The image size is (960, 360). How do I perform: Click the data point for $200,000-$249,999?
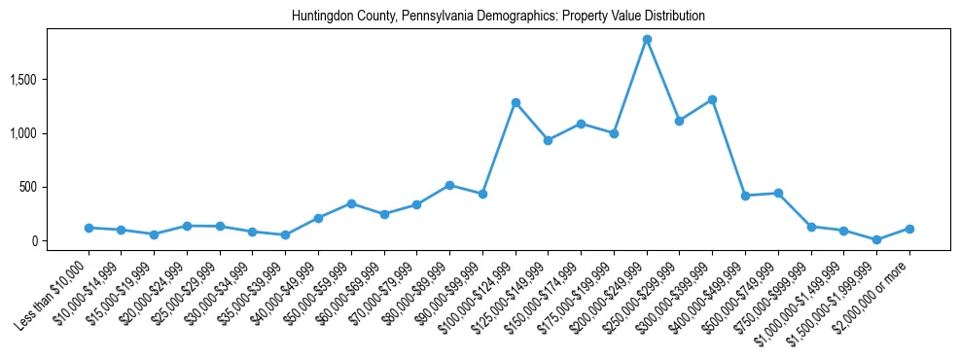click(x=647, y=40)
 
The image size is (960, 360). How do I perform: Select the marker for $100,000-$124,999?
click(x=516, y=102)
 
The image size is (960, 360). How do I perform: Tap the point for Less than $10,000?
click(x=89, y=228)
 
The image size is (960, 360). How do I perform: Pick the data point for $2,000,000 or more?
click(x=909, y=229)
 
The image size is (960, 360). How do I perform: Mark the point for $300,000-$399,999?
click(x=712, y=99)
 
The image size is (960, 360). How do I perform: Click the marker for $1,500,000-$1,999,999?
click(x=876, y=239)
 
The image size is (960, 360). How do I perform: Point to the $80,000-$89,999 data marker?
click(x=449, y=185)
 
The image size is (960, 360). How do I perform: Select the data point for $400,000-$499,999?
click(x=745, y=196)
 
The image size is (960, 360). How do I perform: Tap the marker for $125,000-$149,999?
click(x=549, y=140)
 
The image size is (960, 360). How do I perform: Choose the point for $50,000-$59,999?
click(x=351, y=203)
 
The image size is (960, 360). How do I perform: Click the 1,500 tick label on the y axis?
click(x=49, y=79)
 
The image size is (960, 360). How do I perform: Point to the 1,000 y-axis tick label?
click(x=49, y=133)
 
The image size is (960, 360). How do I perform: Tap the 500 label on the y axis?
click(x=53, y=187)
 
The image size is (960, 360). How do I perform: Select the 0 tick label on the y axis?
click(x=59, y=241)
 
